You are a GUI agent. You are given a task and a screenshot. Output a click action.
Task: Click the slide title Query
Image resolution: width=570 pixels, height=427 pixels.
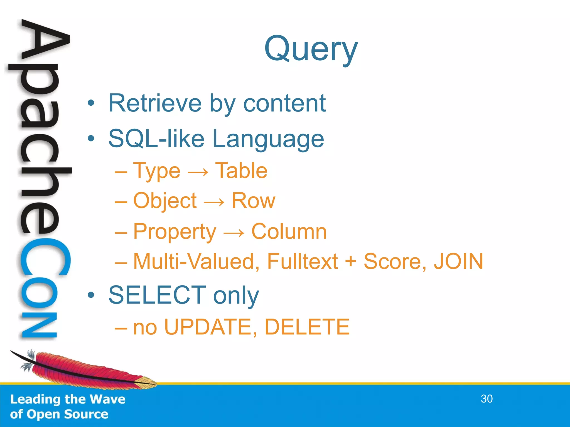click(311, 49)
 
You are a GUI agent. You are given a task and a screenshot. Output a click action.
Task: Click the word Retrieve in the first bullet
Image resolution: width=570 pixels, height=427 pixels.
click(155, 103)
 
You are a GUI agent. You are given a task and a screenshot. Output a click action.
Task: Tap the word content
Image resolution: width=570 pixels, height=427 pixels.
click(284, 103)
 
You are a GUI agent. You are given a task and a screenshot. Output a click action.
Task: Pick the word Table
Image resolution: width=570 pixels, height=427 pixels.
click(241, 170)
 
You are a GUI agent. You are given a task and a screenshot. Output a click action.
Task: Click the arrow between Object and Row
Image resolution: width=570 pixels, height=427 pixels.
click(214, 202)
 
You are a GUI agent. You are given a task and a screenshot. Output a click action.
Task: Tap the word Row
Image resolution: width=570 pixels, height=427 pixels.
click(253, 200)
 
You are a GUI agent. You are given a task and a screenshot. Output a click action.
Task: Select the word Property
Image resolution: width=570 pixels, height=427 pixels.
click(175, 232)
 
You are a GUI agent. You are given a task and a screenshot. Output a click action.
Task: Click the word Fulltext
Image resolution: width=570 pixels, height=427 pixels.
click(302, 261)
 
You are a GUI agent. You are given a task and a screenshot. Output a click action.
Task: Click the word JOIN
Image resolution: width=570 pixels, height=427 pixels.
click(458, 261)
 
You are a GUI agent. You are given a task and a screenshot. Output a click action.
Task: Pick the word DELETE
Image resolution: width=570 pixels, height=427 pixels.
click(307, 327)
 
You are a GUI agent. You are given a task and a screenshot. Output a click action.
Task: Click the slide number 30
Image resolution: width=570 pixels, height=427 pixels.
click(487, 399)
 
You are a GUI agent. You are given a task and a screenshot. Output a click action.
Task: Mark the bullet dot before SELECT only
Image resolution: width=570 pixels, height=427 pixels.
click(91, 295)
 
